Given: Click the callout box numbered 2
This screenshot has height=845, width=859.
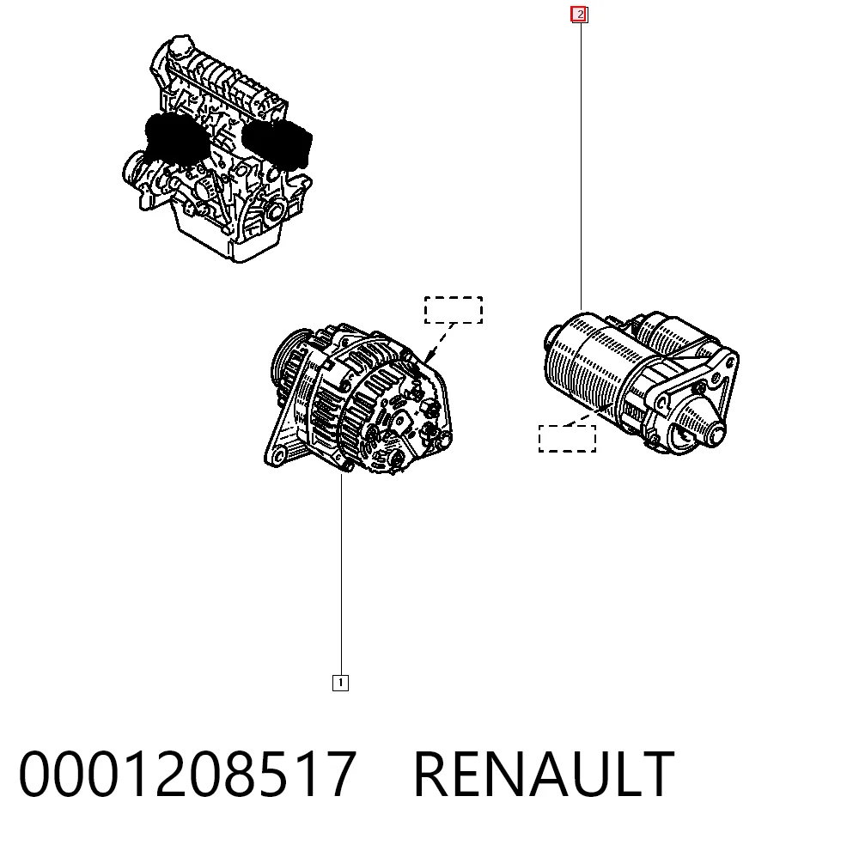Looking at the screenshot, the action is click(x=579, y=15).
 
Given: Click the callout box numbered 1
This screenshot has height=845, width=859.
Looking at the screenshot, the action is click(x=340, y=683).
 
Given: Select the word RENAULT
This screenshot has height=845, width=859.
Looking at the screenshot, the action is click(x=544, y=775).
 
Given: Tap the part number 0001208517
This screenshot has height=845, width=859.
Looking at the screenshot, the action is click(x=187, y=775).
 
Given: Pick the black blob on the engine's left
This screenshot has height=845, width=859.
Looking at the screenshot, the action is click(x=175, y=140).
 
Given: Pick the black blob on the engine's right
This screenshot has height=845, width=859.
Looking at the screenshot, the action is click(x=279, y=143).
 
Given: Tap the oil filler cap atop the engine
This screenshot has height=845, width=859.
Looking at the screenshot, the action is click(x=180, y=46).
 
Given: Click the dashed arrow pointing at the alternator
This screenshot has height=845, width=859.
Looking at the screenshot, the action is click(x=439, y=343).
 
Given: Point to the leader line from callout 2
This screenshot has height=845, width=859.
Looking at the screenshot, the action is click(x=581, y=167).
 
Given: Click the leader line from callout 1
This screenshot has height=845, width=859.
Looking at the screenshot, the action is click(x=341, y=574).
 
